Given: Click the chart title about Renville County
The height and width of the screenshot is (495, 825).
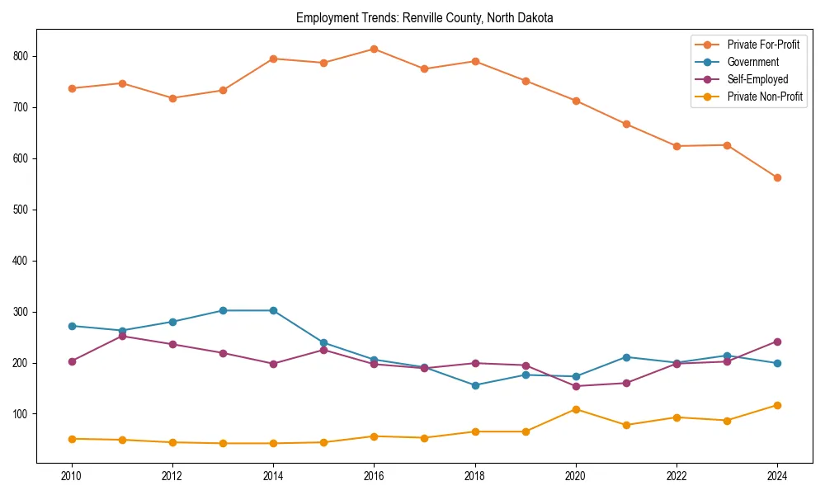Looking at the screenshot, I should [x=425, y=17].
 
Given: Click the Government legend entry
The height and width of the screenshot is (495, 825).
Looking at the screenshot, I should [x=752, y=62].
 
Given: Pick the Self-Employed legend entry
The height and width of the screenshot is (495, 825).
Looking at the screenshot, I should [x=757, y=79].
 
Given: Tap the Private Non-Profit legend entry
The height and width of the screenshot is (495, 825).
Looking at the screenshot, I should [x=765, y=97].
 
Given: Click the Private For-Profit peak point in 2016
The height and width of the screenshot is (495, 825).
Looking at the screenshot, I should [x=374, y=49].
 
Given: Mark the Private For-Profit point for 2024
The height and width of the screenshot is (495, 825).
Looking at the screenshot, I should [x=777, y=177].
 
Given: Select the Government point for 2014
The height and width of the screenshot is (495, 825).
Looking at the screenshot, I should [x=273, y=310].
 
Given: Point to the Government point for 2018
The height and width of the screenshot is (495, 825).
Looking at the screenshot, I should [x=475, y=385].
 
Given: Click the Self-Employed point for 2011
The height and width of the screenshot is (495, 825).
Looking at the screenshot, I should [x=122, y=336].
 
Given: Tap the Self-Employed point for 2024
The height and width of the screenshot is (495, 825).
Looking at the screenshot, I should [x=777, y=342].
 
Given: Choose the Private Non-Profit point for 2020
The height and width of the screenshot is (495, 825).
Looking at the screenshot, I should [x=576, y=409].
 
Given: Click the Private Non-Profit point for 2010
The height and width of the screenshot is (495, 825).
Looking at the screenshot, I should [x=72, y=439].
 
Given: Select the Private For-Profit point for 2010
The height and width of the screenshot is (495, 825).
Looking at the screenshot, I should [x=72, y=88].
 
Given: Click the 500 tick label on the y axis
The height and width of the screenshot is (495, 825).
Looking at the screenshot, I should [x=22, y=210].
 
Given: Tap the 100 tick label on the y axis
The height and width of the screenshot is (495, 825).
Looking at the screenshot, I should [x=22, y=414].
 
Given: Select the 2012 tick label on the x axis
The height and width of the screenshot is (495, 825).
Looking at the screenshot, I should [x=172, y=476].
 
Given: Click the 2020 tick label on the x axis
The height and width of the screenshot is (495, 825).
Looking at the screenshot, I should [x=576, y=476].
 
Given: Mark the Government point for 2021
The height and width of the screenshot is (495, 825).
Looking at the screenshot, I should [x=626, y=357].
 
